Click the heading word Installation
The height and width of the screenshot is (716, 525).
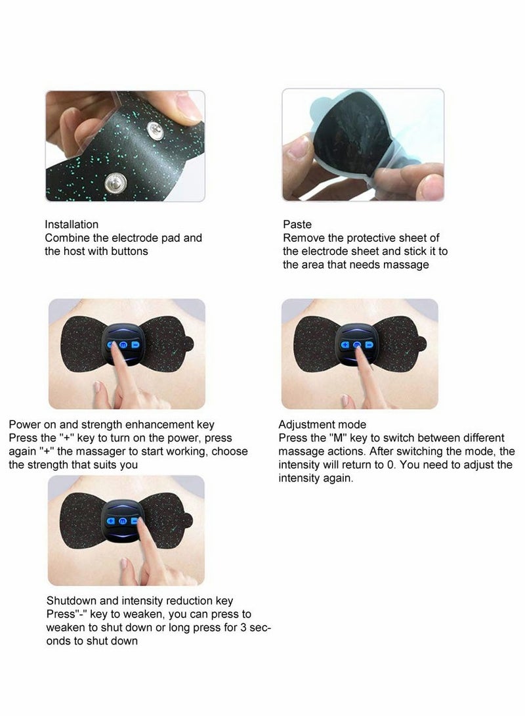(72, 225)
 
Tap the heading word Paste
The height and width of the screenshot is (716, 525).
(297, 225)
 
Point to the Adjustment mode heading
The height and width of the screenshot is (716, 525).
(322, 424)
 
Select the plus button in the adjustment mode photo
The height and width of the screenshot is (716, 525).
(345, 344)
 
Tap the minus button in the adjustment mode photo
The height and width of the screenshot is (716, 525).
(369, 344)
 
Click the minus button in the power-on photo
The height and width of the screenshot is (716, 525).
(136, 344)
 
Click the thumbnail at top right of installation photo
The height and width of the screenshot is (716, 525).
(190, 105)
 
